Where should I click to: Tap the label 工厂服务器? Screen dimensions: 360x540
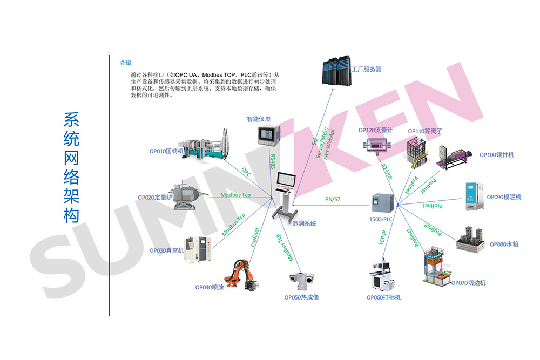pyautogui.click(x=366, y=69)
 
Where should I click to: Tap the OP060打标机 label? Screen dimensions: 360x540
pyautogui.click(x=383, y=297)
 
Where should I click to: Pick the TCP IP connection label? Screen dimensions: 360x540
pyautogui.click(x=382, y=238)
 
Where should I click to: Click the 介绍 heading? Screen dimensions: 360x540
pyautogui.click(x=125, y=63)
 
